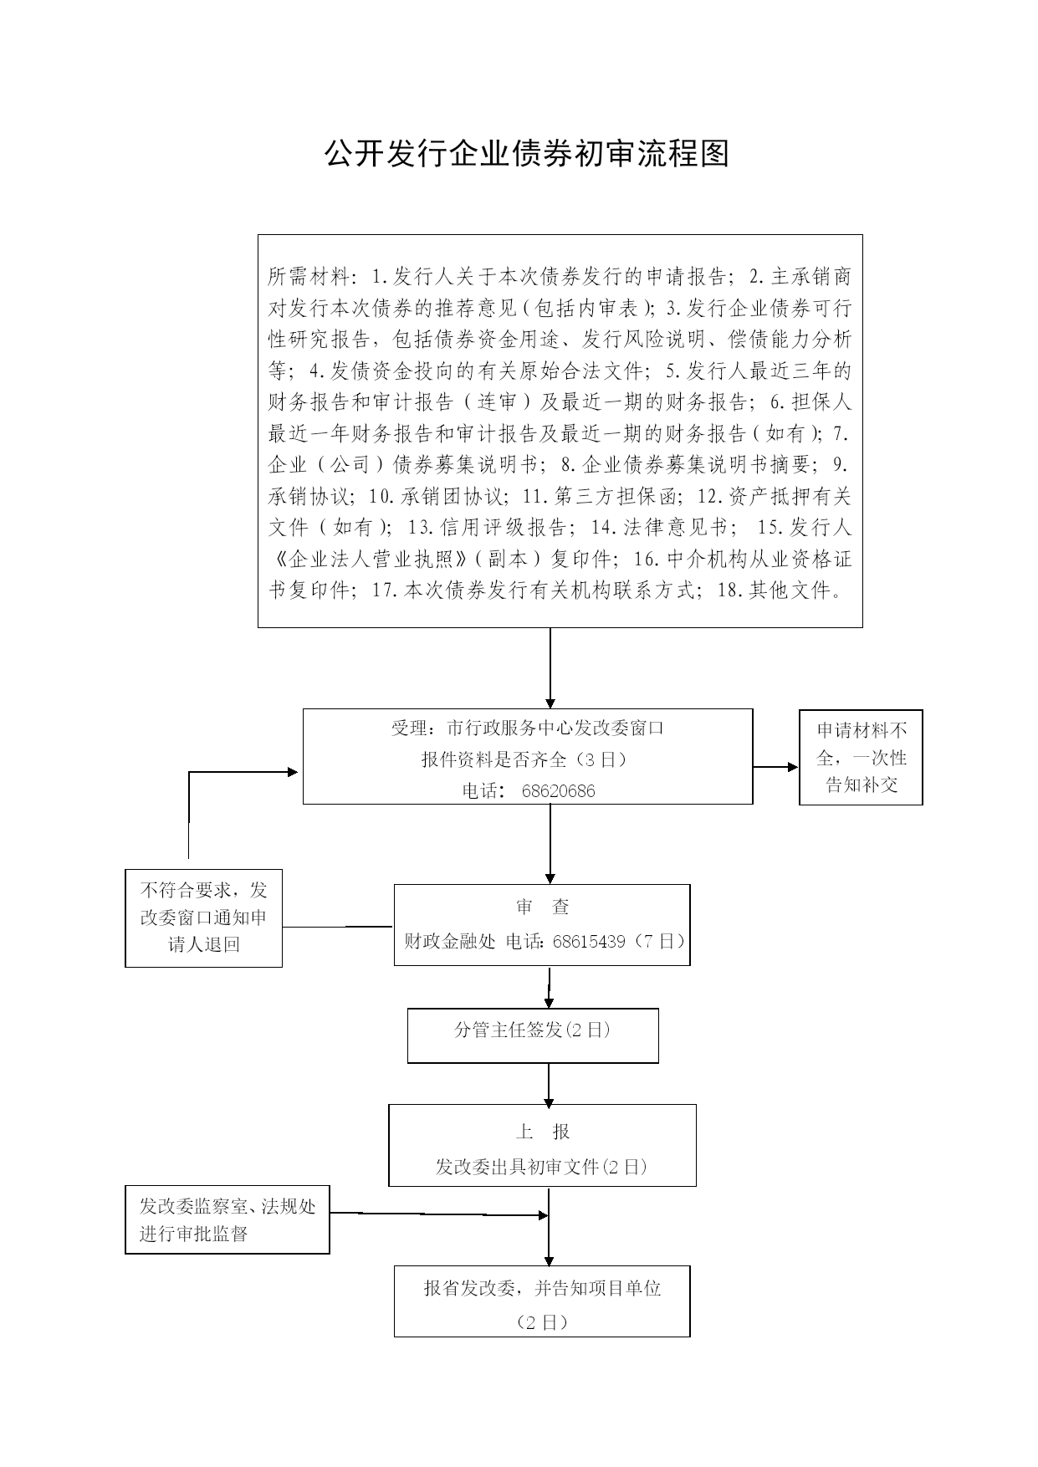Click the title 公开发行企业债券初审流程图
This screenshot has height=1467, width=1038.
tap(527, 153)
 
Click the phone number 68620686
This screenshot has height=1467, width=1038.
tap(558, 791)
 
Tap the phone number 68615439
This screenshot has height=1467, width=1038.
tap(589, 942)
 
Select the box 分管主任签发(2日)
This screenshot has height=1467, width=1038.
tap(533, 1035)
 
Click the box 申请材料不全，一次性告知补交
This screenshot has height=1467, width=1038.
tap(861, 757)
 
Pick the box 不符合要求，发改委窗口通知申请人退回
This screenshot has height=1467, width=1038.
tap(203, 918)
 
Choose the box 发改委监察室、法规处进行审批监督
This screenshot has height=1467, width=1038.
tap(228, 1219)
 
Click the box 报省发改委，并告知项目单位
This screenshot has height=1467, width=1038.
tap(542, 1301)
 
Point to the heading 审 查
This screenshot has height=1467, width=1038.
tap(543, 907)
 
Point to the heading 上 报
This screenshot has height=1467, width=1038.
tap(543, 1132)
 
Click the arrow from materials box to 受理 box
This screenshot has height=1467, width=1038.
tap(550, 668)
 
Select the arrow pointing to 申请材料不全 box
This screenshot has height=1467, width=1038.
tap(776, 766)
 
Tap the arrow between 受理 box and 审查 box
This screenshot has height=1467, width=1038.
tap(550, 844)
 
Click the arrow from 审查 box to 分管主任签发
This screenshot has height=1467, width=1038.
tap(549, 987)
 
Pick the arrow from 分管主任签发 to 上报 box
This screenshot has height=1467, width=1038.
tap(549, 1084)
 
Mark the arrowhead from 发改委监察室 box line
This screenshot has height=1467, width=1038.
tap(543, 1215)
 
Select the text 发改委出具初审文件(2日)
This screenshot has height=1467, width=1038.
tap(542, 1167)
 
